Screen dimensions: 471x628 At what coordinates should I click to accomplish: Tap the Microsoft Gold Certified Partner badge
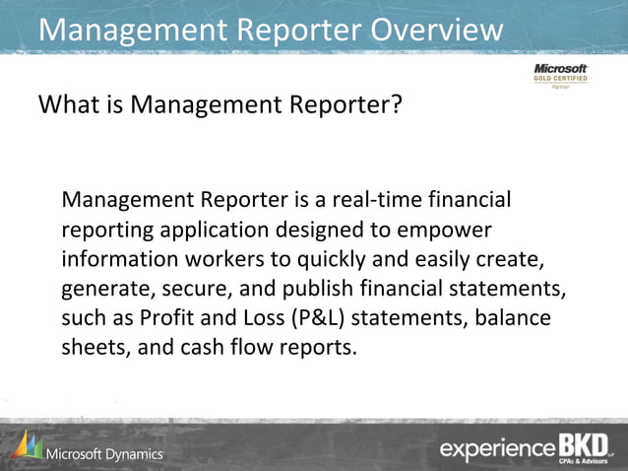tap(560, 76)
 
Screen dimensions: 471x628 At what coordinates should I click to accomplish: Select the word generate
tap(103, 289)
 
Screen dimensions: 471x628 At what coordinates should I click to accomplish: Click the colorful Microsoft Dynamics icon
tap(27, 445)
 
